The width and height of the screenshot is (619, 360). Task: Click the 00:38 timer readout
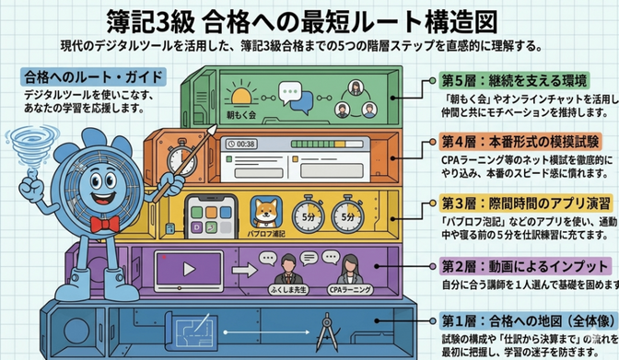point(243,145)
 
